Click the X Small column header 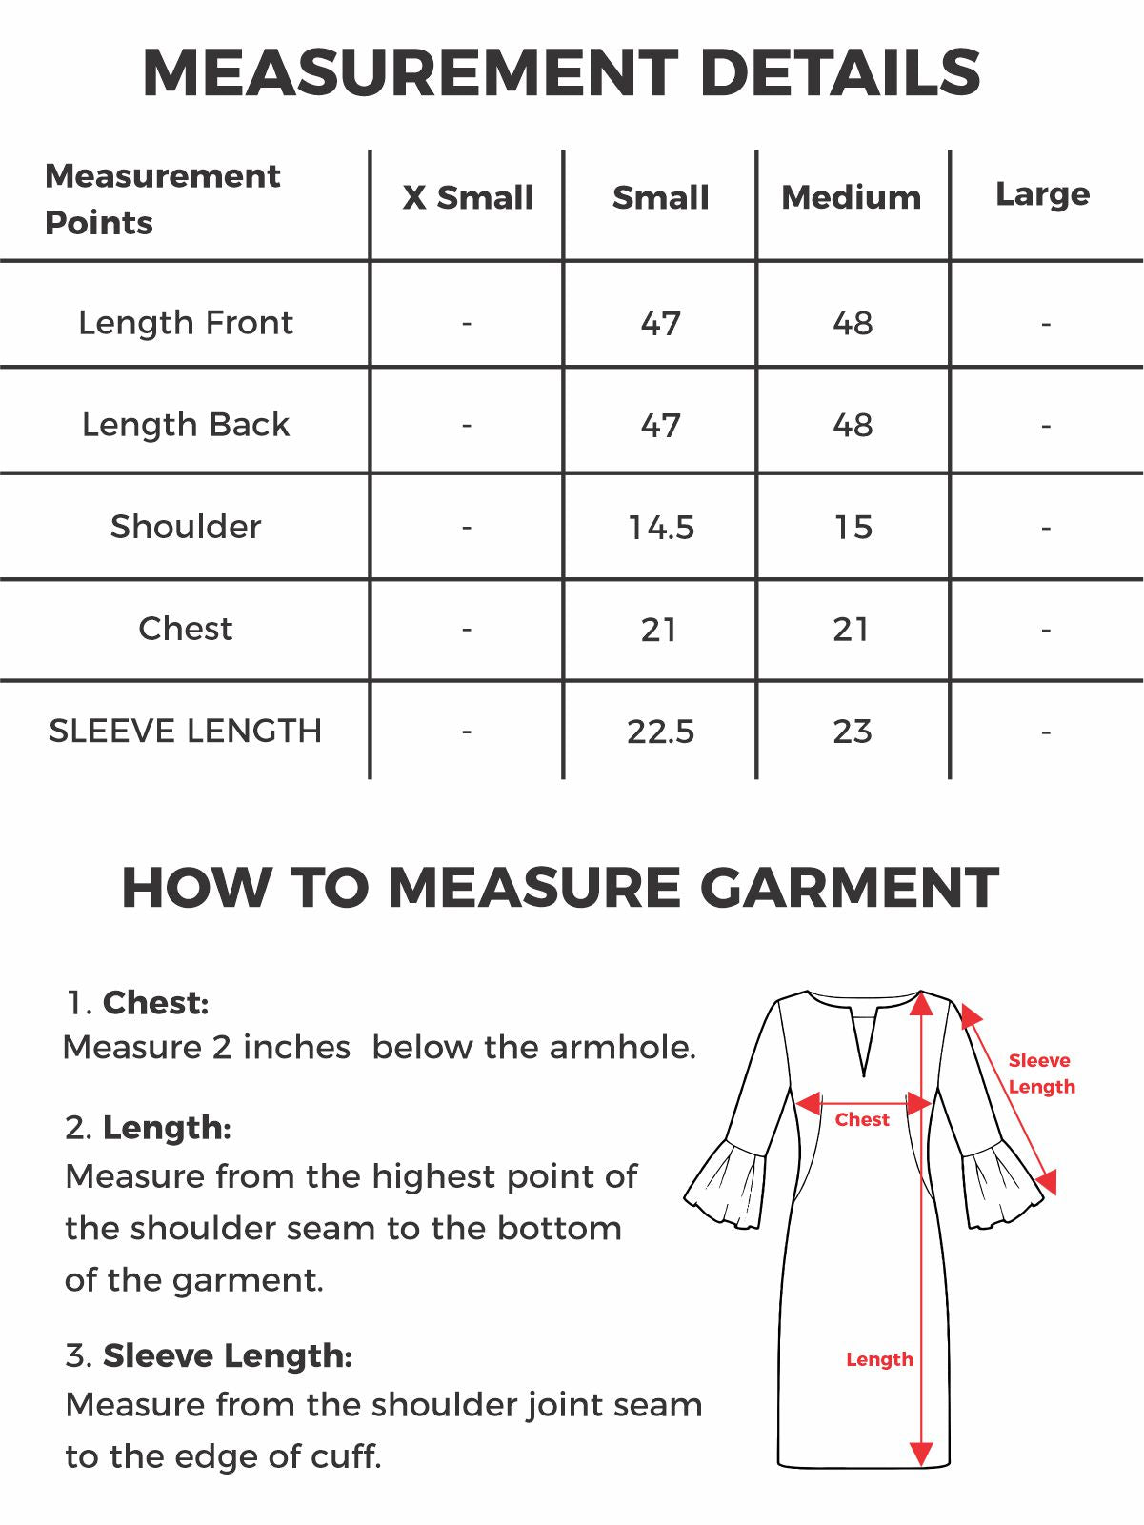coord(468,197)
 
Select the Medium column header coord(852,197)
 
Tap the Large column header coord(1042,194)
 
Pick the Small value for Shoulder coord(661,527)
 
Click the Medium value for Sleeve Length coord(852,732)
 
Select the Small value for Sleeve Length coord(661,732)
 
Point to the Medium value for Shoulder coord(853,527)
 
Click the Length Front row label coord(186,323)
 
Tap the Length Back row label coord(186,425)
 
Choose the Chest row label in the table coord(186,629)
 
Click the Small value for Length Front coord(661,323)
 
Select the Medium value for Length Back coord(853,425)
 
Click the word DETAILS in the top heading coord(840,73)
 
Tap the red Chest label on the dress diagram coord(862,1120)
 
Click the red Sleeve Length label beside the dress coord(1041,1074)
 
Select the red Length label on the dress coord(879,1359)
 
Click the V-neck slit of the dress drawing coord(865,1043)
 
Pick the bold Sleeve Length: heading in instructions coord(228,1355)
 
